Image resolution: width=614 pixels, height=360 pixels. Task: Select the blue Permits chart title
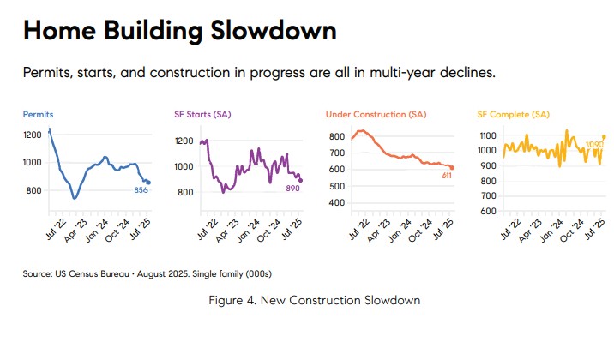pyautogui.click(x=38, y=114)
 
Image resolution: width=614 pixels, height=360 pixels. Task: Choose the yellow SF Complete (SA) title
pyautogui.click(x=513, y=114)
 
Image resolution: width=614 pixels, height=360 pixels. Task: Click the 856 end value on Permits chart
pyautogui.click(x=141, y=190)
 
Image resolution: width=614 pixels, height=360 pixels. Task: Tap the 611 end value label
pyautogui.click(x=446, y=176)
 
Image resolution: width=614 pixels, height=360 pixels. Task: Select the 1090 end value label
pyautogui.click(x=593, y=146)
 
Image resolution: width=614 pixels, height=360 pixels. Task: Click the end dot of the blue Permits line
pyautogui.click(x=148, y=182)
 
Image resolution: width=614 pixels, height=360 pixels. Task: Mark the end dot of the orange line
pyautogui.click(x=452, y=167)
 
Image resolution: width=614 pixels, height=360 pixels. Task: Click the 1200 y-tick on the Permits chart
pyautogui.click(x=33, y=135)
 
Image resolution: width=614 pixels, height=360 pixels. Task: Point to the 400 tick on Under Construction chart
pyautogui.click(x=336, y=203)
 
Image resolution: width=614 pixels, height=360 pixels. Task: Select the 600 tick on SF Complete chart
pyautogui.click(x=489, y=211)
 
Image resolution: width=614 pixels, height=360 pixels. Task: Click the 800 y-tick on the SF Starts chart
pyautogui.click(x=184, y=192)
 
